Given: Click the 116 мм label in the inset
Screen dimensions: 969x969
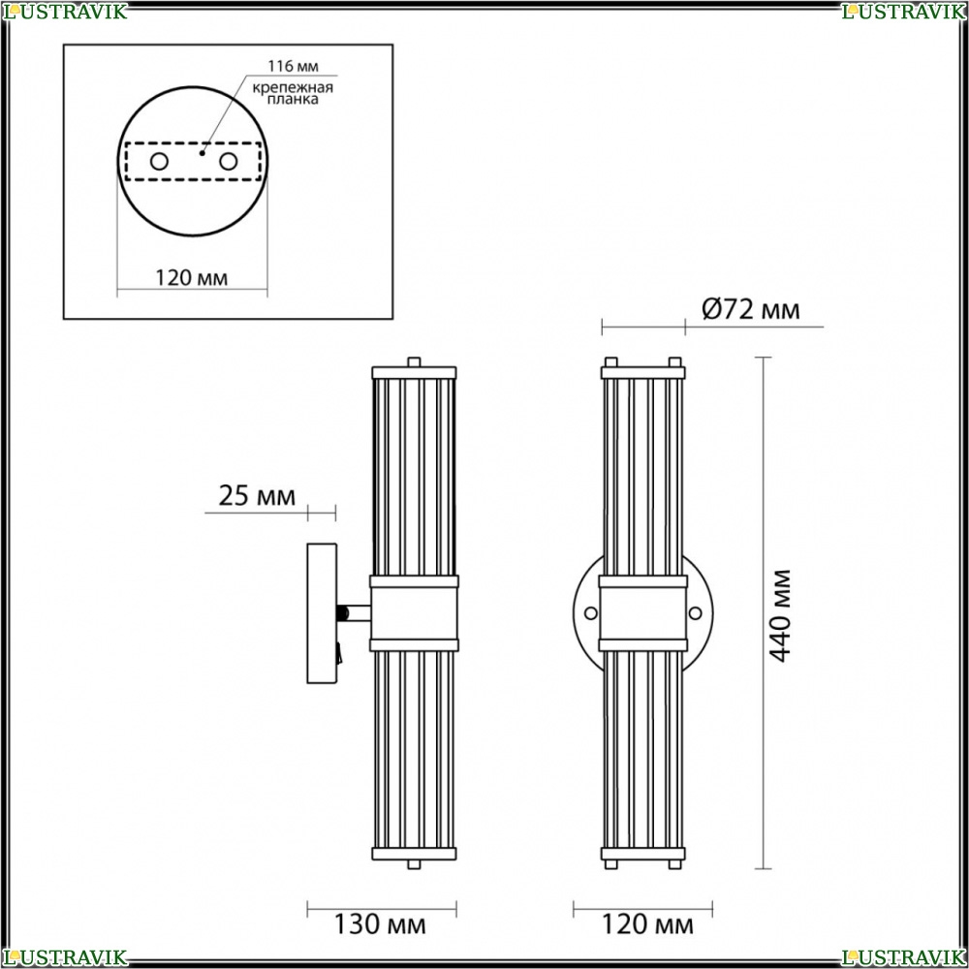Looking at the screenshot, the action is coord(293,66).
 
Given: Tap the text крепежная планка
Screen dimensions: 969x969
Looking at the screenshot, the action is coord(293,93).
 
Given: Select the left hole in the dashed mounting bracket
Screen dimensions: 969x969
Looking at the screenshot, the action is coord(160,162).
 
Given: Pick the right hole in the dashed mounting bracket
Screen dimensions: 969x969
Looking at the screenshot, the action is coord(228,162).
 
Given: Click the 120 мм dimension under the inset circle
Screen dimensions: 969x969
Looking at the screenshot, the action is coord(191,278).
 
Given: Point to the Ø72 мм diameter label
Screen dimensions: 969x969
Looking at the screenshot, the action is coord(751,309).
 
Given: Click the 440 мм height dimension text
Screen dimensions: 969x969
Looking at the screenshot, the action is coord(780,615).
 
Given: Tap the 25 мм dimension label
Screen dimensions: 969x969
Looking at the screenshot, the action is coord(257,495).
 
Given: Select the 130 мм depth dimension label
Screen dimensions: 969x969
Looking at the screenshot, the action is coord(380,924).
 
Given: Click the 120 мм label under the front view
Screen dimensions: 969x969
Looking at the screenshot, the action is coord(647,924).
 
